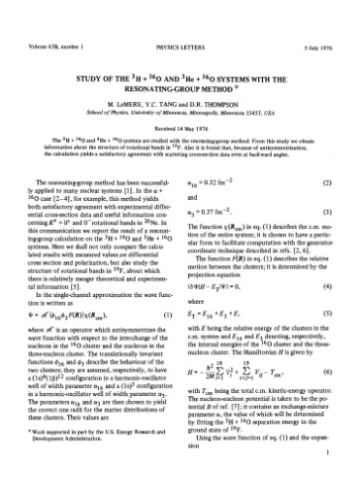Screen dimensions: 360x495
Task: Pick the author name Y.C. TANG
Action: coord(163,83)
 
